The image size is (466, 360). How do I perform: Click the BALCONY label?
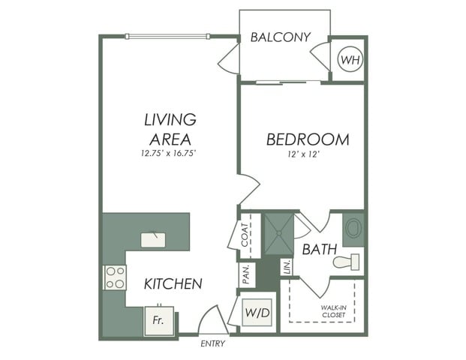point(281,37)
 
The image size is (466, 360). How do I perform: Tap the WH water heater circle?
point(350,58)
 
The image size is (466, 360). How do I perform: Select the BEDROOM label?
point(308,139)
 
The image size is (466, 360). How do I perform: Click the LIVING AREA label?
point(170,129)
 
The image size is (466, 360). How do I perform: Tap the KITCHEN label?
point(173,283)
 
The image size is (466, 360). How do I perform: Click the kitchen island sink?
point(154,239)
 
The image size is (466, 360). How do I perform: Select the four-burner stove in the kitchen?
point(115,277)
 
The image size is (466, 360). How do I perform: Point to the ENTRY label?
point(213,343)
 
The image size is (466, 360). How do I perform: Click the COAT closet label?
point(245,235)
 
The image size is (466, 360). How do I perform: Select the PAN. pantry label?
point(246,275)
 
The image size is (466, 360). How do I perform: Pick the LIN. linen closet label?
point(287,267)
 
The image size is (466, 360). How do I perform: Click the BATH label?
point(318,249)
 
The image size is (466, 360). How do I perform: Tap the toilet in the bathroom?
point(347,262)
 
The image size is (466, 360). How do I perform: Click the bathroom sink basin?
point(353,227)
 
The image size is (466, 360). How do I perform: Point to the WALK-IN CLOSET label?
point(333,310)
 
